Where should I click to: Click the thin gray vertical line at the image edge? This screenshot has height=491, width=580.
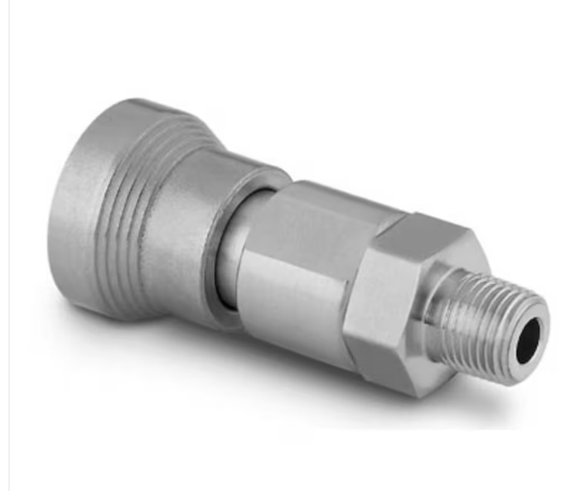pyautogui.click(x=9, y=248)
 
